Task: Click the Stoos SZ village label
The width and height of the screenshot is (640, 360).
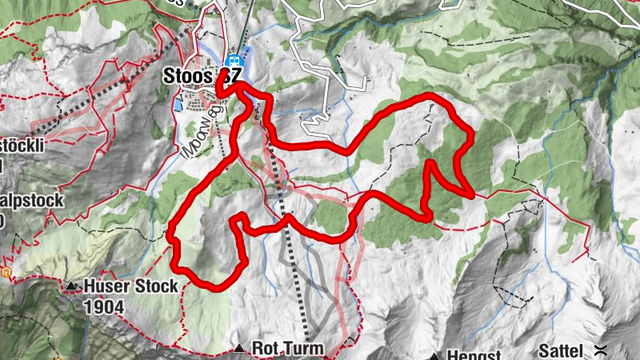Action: [x=200, y=76]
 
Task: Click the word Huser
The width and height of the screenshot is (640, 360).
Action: [x=104, y=286]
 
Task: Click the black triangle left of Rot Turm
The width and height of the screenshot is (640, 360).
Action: [x=240, y=349]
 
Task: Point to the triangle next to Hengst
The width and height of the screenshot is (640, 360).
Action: [x=435, y=355]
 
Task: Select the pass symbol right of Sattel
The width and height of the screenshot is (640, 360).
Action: [x=601, y=349]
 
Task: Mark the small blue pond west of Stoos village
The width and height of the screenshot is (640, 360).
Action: [x=175, y=105]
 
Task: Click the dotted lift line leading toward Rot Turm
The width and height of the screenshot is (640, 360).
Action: [x=292, y=256]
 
